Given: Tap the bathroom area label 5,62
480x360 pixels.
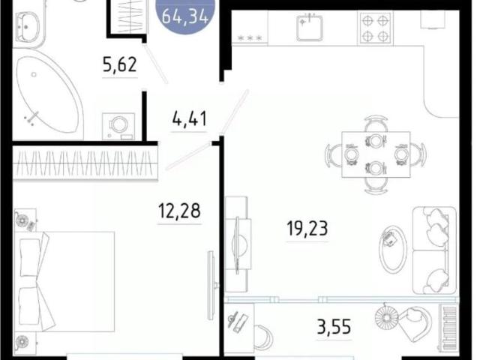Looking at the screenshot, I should (120, 65).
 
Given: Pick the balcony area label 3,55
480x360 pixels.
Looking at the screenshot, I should (334, 328).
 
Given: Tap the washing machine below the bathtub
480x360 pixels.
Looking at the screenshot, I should (118, 125).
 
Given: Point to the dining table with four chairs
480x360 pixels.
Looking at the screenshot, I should (375, 153).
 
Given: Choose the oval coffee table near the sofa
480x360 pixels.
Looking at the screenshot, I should (393, 247).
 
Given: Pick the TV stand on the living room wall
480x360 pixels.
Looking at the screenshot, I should (237, 244).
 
